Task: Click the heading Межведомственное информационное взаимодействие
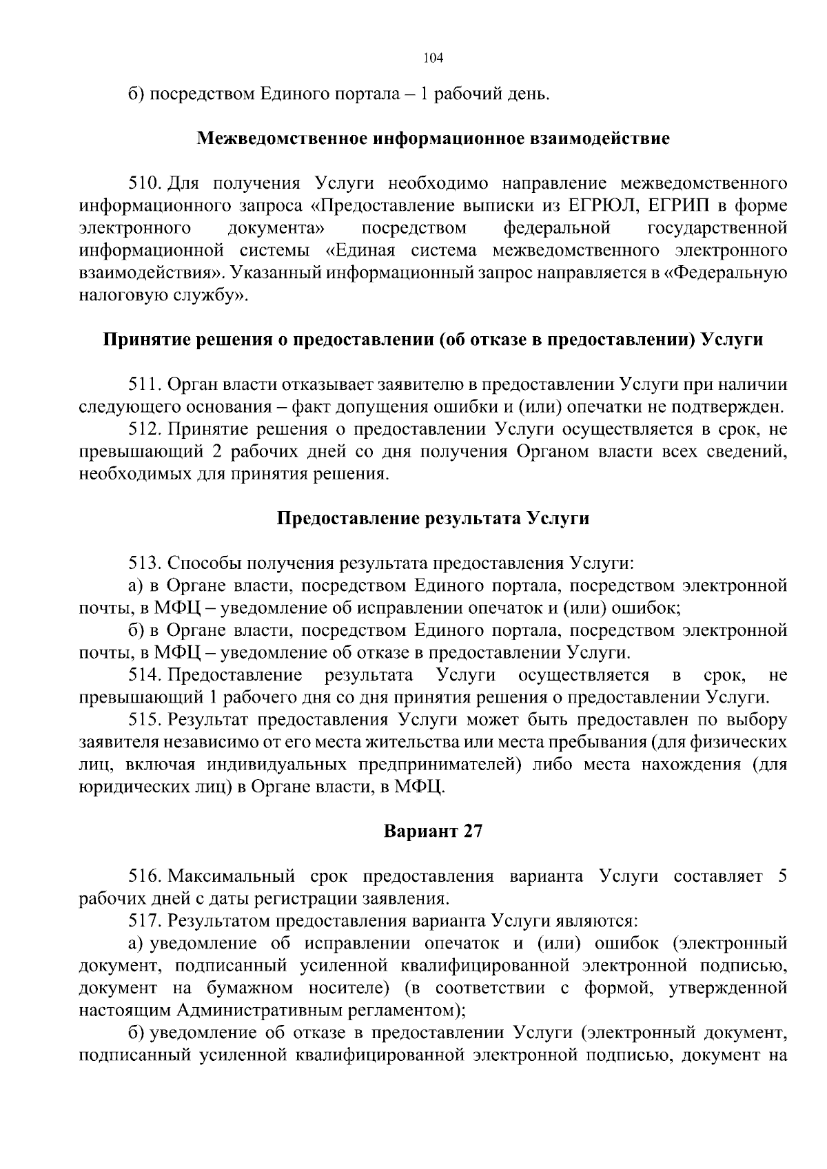[x=433, y=138]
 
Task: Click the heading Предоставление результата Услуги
[x=433, y=518]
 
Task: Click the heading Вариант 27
[x=433, y=831]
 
